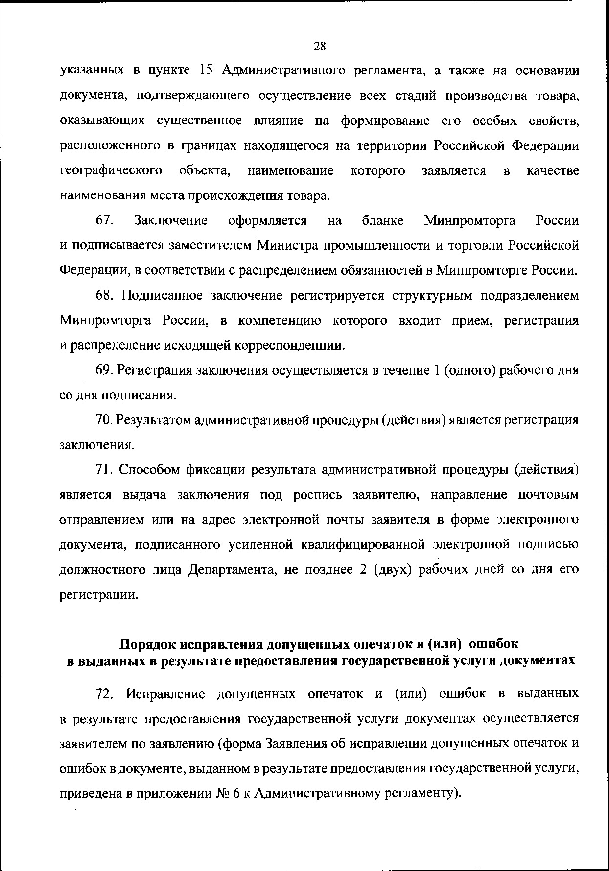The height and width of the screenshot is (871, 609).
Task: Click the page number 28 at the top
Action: [319, 46]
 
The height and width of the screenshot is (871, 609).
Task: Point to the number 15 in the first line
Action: [206, 71]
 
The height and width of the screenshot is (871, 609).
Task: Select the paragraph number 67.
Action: [105, 220]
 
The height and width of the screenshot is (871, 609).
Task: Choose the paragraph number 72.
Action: [105, 693]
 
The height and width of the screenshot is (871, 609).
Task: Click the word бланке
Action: [383, 220]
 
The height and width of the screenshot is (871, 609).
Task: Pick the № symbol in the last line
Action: [223, 793]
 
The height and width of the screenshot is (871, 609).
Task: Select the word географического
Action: [111, 171]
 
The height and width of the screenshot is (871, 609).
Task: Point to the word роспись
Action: [318, 495]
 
